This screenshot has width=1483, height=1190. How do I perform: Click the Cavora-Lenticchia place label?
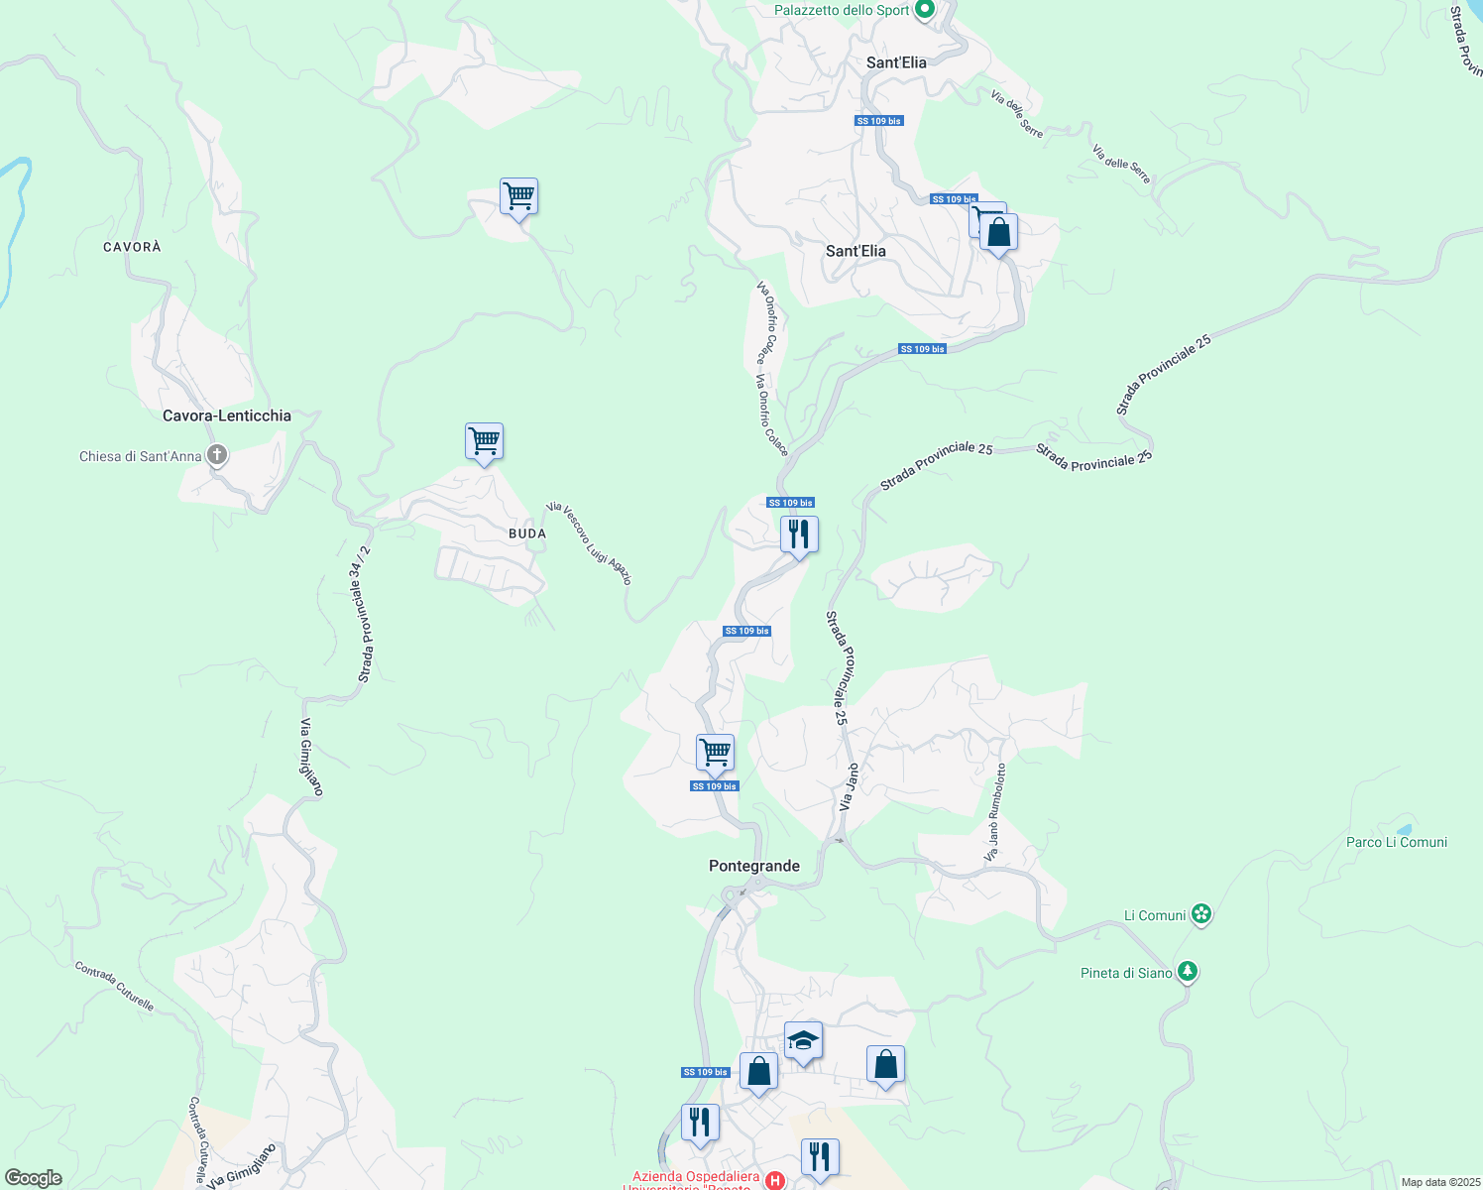pyautogui.click(x=227, y=416)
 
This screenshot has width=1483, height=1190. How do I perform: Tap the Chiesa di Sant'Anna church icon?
pyautogui.click(x=217, y=456)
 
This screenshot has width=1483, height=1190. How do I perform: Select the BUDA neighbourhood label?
pyautogui.click(x=527, y=534)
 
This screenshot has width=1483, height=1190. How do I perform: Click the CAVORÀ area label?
pyautogui.click(x=132, y=247)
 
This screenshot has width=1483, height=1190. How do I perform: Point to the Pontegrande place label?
pyautogui.click(x=754, y=866)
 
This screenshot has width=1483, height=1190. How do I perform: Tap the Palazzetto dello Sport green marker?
pyautogui.click(x=925, y=10)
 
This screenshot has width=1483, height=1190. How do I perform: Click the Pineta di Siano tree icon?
pyautogui.click(x=1188, y=972)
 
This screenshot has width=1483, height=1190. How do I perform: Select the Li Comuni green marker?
pyautogui.click(x=1201, y=914)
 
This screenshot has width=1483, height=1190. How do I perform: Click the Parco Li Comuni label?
pyautogui.click(x=1396, y=842)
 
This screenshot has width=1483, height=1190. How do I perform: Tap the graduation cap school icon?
pyautogui.click(x=803, y=1041)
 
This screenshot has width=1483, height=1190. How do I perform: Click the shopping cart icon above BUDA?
pyautogui.click(x=484, y=441)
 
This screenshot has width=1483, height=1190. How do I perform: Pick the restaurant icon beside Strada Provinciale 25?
pyautogui.click(x=798, y=535)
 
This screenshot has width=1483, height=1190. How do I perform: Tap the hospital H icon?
pyautogui.click(x=776, y=1180)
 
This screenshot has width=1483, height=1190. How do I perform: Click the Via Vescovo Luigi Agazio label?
pyautogui.click(x=589, y=543)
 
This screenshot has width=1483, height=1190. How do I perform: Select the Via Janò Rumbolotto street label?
pyautogui.click(x=994, y=812)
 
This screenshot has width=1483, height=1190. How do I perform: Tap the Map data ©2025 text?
pyautogui.click(x=1439, y=1182)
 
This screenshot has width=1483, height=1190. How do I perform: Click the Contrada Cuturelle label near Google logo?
pyautogui.click(x=199, y=1140)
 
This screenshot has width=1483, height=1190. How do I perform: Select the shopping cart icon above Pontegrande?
pyautogui.click(x=715, y=753)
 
